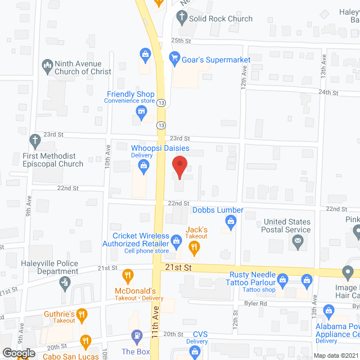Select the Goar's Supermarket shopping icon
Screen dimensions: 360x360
click(174, 57)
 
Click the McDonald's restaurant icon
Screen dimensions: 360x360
click(128, 276)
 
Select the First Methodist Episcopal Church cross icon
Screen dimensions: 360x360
click(34, 139)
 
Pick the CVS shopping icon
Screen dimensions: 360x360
click(195, 352)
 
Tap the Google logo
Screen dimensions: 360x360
click(17, 353)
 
